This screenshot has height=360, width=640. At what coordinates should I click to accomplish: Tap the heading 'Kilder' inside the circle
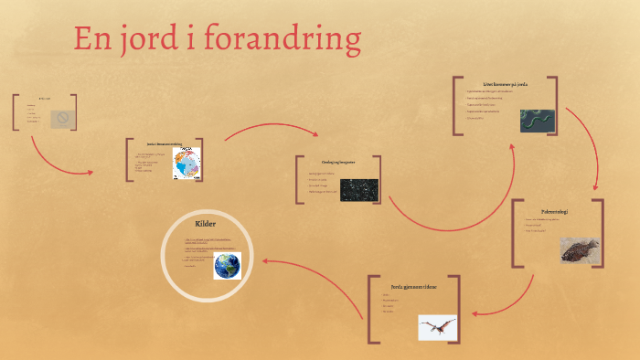click(x=204, y=223)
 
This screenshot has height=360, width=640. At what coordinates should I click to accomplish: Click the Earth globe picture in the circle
click(x=227, y=266)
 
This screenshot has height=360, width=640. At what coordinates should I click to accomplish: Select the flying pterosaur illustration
click(x=437, y=327)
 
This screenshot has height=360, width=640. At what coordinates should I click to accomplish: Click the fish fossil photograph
click(x=580, y=249)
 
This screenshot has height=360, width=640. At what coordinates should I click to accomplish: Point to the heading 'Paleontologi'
click(x=555, y=211)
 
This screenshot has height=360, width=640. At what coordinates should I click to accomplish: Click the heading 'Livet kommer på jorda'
click(x=506, y=84)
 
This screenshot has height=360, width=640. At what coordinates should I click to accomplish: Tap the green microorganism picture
click(x=538, y=121)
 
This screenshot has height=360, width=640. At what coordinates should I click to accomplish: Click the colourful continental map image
click(x=187, y=164)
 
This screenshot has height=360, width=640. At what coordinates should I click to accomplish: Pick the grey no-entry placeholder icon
click(x=62, y=118)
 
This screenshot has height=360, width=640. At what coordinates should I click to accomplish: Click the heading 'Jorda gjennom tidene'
click(x=413, y=286)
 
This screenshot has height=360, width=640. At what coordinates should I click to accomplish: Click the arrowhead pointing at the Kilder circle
click(x=265, y=260)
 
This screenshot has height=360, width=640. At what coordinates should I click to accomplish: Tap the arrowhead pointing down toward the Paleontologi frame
click(x=596, y=188)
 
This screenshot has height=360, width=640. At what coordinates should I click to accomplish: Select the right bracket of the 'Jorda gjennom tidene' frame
click(x=458, y=309)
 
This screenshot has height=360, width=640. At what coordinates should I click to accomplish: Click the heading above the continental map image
click(x=165, y=143)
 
